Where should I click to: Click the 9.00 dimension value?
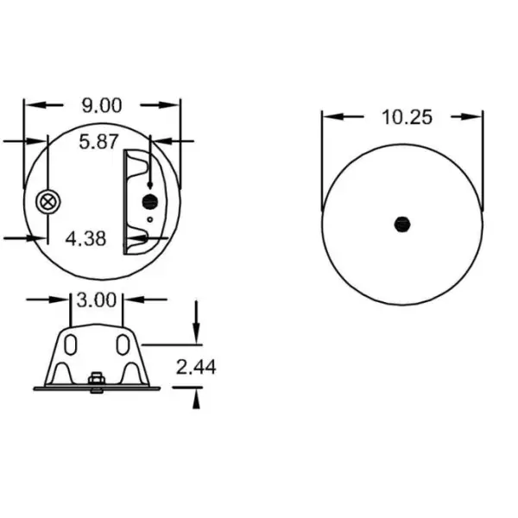(102, 105)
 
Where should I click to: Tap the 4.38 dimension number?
(86, 238)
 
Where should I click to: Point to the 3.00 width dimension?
(97, 300)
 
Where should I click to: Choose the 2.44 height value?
(196, 367)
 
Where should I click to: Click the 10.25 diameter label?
(406, 117)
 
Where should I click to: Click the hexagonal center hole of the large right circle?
(401, 224)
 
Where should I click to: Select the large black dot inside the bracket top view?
(149, 202)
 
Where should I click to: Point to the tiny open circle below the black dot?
(150, 219)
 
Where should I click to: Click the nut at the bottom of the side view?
(97, 381)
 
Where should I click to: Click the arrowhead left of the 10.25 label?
(331, 117)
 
